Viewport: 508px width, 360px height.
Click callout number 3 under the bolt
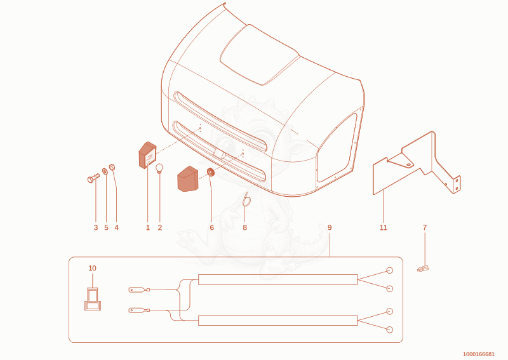(x=96, y=227)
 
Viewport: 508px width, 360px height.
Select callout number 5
(x=106, y=227)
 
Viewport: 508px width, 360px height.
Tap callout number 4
(x=117, y=227)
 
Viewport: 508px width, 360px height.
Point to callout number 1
(x=148, y=227)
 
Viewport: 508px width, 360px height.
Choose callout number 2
(x=160, y=227)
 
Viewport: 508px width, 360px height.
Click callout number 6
(x=212, y=227)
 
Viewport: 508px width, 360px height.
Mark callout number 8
(x=244, y=227)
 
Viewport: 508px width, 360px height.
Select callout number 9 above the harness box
(x=330, y=227)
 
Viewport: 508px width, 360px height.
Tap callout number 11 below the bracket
(x=384, y=227)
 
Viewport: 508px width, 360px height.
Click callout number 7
(x=425, y=227)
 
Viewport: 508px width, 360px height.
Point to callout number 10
(x=92, y=268)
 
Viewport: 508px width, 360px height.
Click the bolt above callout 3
(x=93, y=178)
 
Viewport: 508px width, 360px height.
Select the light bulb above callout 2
(x=159, y=169)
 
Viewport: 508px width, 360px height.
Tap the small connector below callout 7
(x=423, y=269)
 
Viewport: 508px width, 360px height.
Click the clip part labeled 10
(x=92, y=299)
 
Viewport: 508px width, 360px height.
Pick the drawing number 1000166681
(x=479, y=354)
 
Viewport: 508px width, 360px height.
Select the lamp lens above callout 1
(x=147, y=155)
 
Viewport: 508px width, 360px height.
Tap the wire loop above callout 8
(x=246, y=201)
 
